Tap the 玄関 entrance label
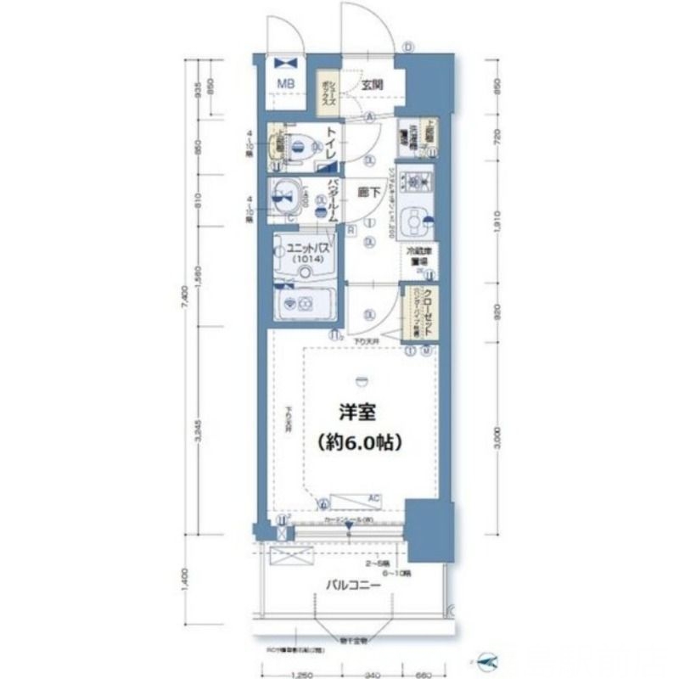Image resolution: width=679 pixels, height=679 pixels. [372, 84]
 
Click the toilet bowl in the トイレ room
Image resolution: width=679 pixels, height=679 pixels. [296, 146]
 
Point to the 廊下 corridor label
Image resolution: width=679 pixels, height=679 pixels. [368, 192]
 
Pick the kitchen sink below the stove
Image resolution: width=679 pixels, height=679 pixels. [415, 223]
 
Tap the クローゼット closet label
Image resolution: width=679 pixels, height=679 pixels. [429, 309]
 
